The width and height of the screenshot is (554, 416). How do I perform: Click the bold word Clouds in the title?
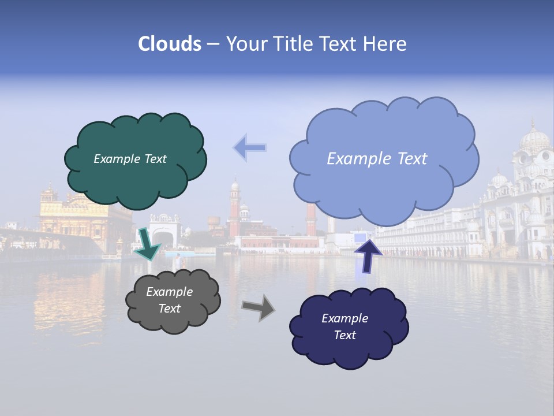(170, 44)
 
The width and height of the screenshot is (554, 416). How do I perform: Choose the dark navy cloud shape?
(349, 347)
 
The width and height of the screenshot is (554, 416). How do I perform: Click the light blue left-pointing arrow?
(250, 148)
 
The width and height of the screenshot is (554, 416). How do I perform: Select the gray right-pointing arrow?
(258, 307)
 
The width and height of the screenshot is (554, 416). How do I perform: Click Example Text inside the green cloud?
(130, 159)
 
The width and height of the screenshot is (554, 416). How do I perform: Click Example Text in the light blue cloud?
(377, 159)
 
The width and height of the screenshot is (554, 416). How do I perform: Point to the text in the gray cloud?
(169, 300)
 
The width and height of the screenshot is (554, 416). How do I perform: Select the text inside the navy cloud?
(345, 326)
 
